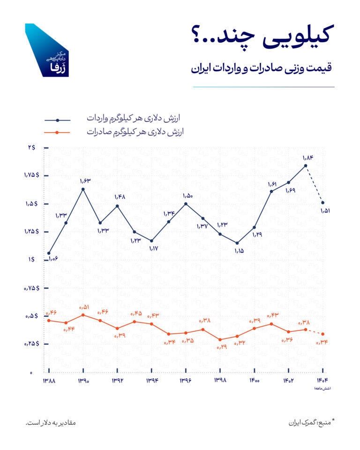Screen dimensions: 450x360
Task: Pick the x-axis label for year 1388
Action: [x=49, y=382]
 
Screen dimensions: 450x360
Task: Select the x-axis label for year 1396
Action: [x=186, y=382]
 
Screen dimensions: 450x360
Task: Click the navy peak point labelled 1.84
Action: [x=306, y=165]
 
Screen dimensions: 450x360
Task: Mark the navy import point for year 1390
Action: [x=83, y=189]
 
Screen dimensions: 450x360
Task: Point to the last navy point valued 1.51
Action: [x=322, y=202]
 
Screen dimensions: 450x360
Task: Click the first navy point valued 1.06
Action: [x=49, y=253]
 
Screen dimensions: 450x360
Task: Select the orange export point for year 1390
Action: [x=83, y=315]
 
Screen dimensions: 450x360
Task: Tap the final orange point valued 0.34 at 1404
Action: [x=322, y=334]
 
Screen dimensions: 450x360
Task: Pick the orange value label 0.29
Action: [x=221, y=347]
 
